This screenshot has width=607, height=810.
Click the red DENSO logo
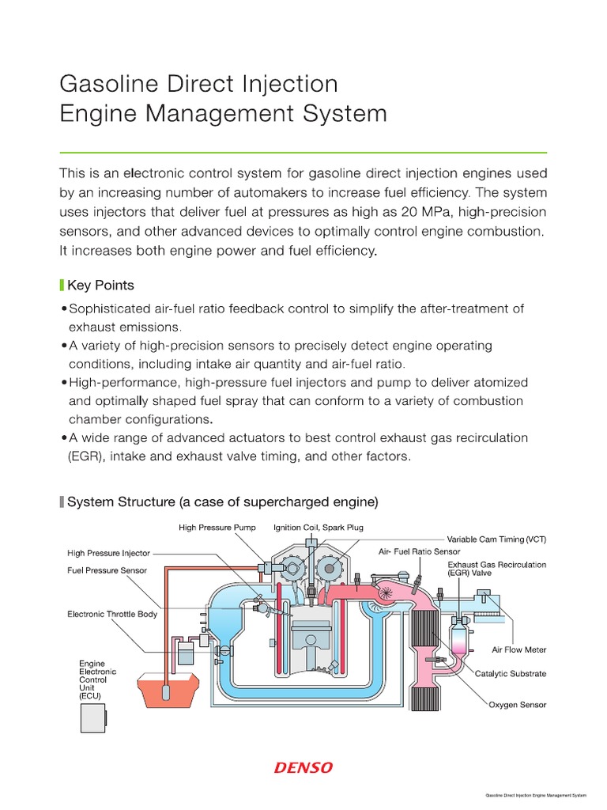[303, 767]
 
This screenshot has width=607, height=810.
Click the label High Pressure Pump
[216, 527]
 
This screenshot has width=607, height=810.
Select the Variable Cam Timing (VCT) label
[496, 539]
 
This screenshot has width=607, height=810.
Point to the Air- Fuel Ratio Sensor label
[419, 551]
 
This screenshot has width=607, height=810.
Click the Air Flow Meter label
[518, 649]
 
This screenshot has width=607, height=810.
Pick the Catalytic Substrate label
[510, 674]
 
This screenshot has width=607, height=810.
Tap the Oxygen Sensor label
[517, 704]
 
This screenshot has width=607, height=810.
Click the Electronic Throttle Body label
[112, 613]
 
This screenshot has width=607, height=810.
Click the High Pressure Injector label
[108, 554]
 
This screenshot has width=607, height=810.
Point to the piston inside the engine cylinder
[311, 636]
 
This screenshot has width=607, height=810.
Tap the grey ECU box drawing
[93, 717]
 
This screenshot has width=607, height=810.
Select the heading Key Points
[100, 286]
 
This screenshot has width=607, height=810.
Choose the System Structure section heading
[223, 502]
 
